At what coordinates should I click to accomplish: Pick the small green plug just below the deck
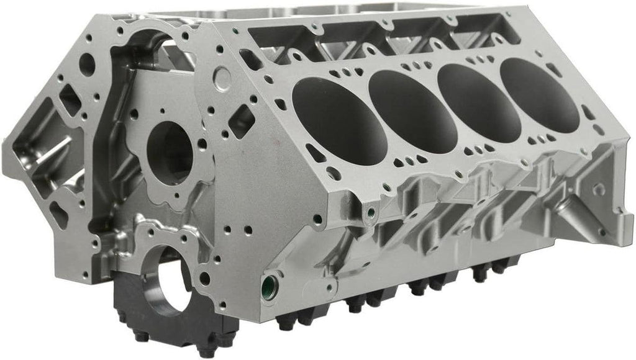[371, 214]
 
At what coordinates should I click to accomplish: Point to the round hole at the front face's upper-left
[88, 65]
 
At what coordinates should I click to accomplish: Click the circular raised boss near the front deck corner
[222, 78]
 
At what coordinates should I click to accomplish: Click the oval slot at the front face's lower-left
[58, 214]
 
